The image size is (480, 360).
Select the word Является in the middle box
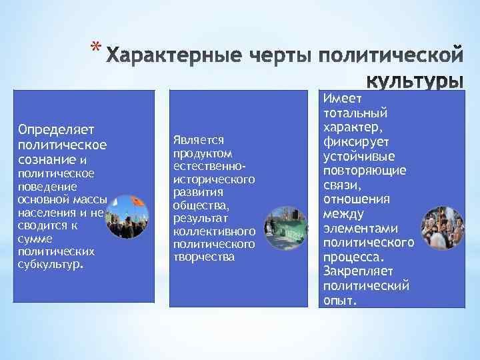pyautogui.click(x=197, y=139)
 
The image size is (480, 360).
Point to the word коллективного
pyautogui.click(x=213, y=231)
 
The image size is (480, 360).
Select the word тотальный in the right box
pyautogui.click(x=355, y=113)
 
